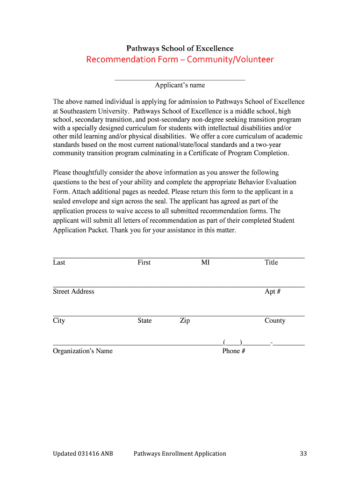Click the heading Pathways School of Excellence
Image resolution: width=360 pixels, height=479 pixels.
pyautogui.click(x=180, y=49)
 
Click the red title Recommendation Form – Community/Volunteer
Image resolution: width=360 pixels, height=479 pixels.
pyautogui.click(x=180, y=59)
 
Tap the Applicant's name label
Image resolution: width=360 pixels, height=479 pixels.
pyautogui.click(x=180, y=85)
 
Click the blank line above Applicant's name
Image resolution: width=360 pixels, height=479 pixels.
pyautogui.click(x=180, y=80)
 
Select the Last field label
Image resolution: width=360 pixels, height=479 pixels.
pyautogui.click(x=59, y=262)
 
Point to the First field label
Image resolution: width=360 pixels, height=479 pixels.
pyautogui.click(x=144, y=262)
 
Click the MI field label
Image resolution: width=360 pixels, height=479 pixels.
pyautogui.click(x=205, y=262)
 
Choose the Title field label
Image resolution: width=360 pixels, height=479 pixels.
pyautogui.click(x=271, y=262)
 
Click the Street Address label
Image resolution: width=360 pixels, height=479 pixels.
pyautogui.click(x=73, y=291)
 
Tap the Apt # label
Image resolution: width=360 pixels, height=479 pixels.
pyautogui.click(x=273, y=291)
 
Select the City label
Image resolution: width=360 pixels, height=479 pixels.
pyautogui.click(x=59, y=320)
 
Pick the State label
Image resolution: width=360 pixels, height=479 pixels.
pyautogui.click(x=144, y=320)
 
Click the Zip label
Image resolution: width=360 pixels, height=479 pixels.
pyautogui.click(x=185, y=320)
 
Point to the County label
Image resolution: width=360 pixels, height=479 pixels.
pyautogui.click(x=275, y=320)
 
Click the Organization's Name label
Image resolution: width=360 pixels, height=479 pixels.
pyautogui.click(x=83, y=351)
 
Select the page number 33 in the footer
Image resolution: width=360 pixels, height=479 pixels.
pyautogui.click(x=303, y=453)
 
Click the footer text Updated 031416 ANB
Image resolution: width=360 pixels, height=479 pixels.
pyautogui.click(x=83, y=453)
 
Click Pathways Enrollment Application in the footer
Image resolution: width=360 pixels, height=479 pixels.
pyautogui.click(x=180, y=453)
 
